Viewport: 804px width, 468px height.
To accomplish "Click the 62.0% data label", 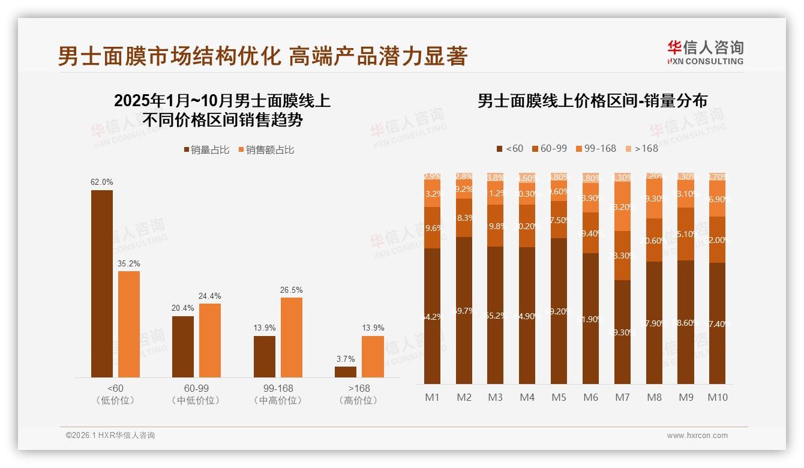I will [102, 182].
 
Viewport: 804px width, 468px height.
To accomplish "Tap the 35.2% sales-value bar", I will [129, 324].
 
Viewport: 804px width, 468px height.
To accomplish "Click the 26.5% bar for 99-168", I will [292, 337].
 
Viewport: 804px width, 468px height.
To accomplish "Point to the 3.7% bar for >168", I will [346, 371].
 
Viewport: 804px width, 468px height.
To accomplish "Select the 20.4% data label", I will [183, 308].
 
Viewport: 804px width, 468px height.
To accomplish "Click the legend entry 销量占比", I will [206, 150].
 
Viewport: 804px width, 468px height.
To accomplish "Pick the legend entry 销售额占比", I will [266, 150].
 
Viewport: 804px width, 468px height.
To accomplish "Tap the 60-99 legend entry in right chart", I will [549, 148].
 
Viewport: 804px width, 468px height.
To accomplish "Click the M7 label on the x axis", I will [622, 397].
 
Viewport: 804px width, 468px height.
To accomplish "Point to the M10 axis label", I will [717, 397].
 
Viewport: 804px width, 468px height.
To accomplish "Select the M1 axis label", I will [432, 397].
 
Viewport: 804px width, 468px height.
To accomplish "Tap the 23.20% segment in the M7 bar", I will [622, 206].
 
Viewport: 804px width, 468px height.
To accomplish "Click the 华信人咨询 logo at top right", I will [705, 52].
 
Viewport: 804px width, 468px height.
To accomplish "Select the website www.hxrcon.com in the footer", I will [697, 436].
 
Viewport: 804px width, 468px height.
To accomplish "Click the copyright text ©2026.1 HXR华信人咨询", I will [110, 436].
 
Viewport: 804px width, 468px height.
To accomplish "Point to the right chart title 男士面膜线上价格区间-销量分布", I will [592, 100].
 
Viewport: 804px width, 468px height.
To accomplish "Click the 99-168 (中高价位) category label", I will [278, 394].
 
